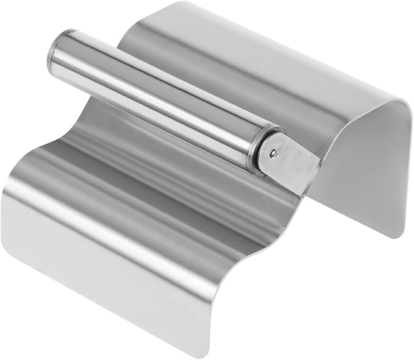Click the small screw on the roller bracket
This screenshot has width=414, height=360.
click(x=276, y=155)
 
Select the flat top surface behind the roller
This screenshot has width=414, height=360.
click(x=244, y=67)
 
